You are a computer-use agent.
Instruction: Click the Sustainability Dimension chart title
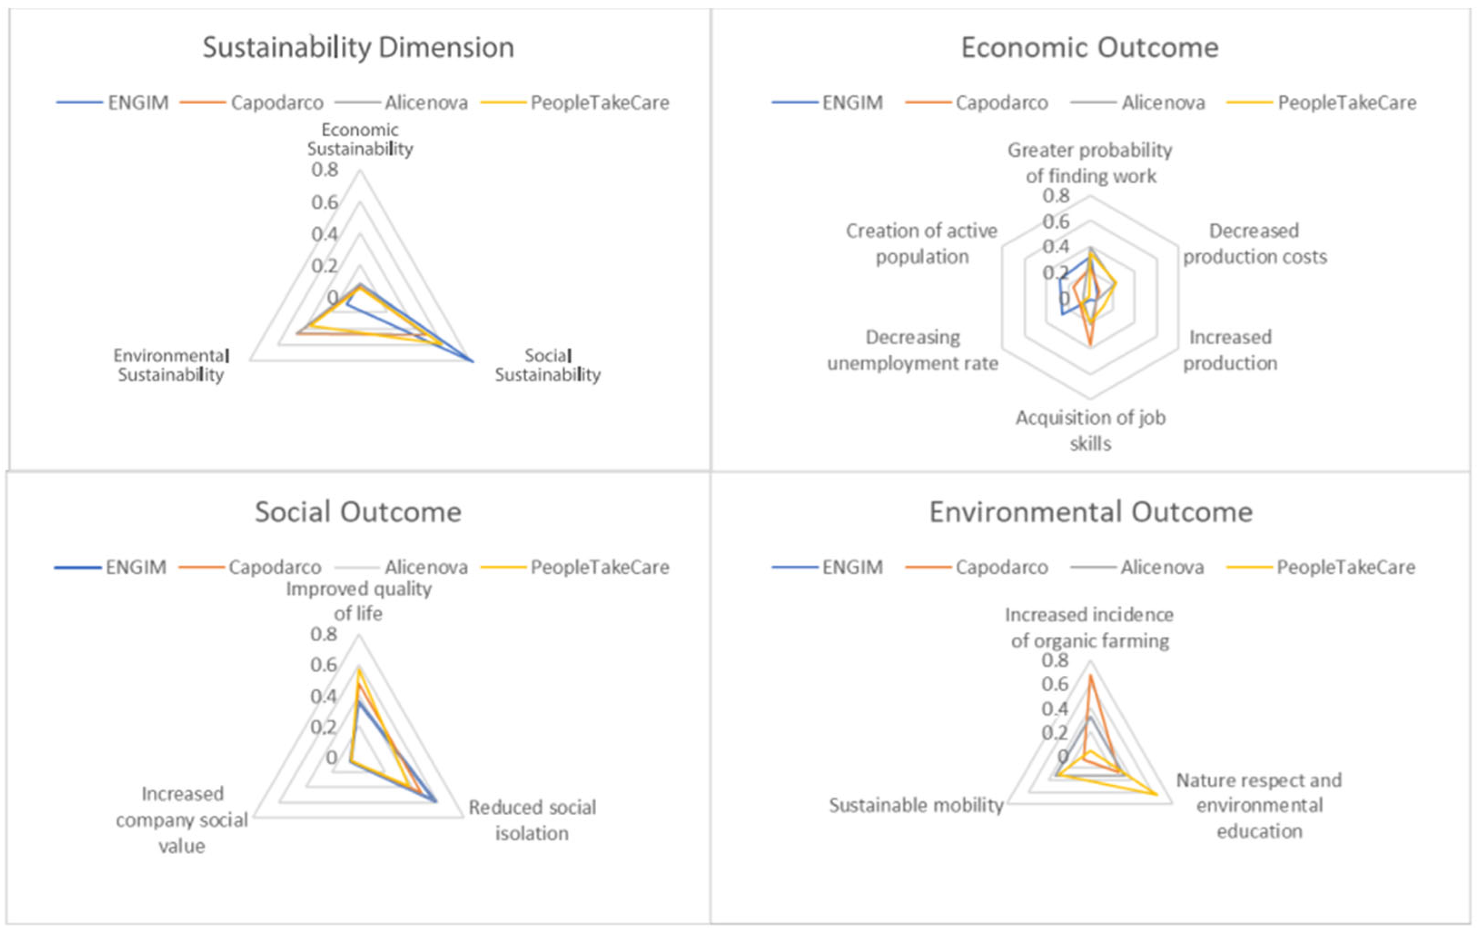point(358,48)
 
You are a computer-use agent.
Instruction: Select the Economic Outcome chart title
point(1089,48)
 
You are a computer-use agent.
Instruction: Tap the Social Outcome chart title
point(358,512)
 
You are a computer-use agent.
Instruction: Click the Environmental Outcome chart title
point(1090,512)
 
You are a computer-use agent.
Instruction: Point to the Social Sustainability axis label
point(548,365)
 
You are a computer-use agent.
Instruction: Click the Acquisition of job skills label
point(1090,430)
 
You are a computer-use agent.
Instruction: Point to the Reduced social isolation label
point(532,820)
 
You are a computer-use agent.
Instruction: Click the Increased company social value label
point(181,820)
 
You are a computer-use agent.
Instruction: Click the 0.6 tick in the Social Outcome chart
point(323,664)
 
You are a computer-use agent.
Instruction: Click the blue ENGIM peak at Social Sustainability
point(473,362)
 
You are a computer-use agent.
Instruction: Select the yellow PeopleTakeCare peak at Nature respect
point(1156,795)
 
